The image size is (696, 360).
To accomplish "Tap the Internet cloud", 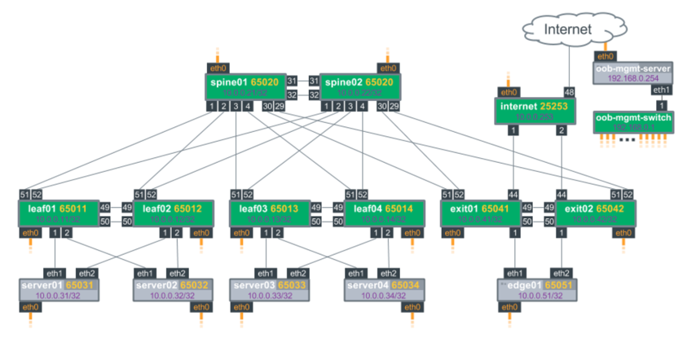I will (x=565, y=31).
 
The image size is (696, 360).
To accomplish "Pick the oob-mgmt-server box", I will (x=632, y=74).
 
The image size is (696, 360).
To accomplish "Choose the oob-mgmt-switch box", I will (x=633, y=123).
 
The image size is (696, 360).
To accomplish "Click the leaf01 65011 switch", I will (x=58, y=214).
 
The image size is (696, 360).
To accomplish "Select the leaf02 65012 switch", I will (x=174, y=214).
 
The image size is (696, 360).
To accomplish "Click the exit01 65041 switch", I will (x=481, y=214).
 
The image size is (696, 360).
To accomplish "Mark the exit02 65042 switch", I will (x=596, y=214).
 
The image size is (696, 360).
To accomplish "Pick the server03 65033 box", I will (x=271, y=291).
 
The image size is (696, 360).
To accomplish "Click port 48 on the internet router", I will (x=568, y=93).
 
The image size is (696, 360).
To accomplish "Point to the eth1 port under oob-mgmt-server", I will (x=662, y=90).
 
